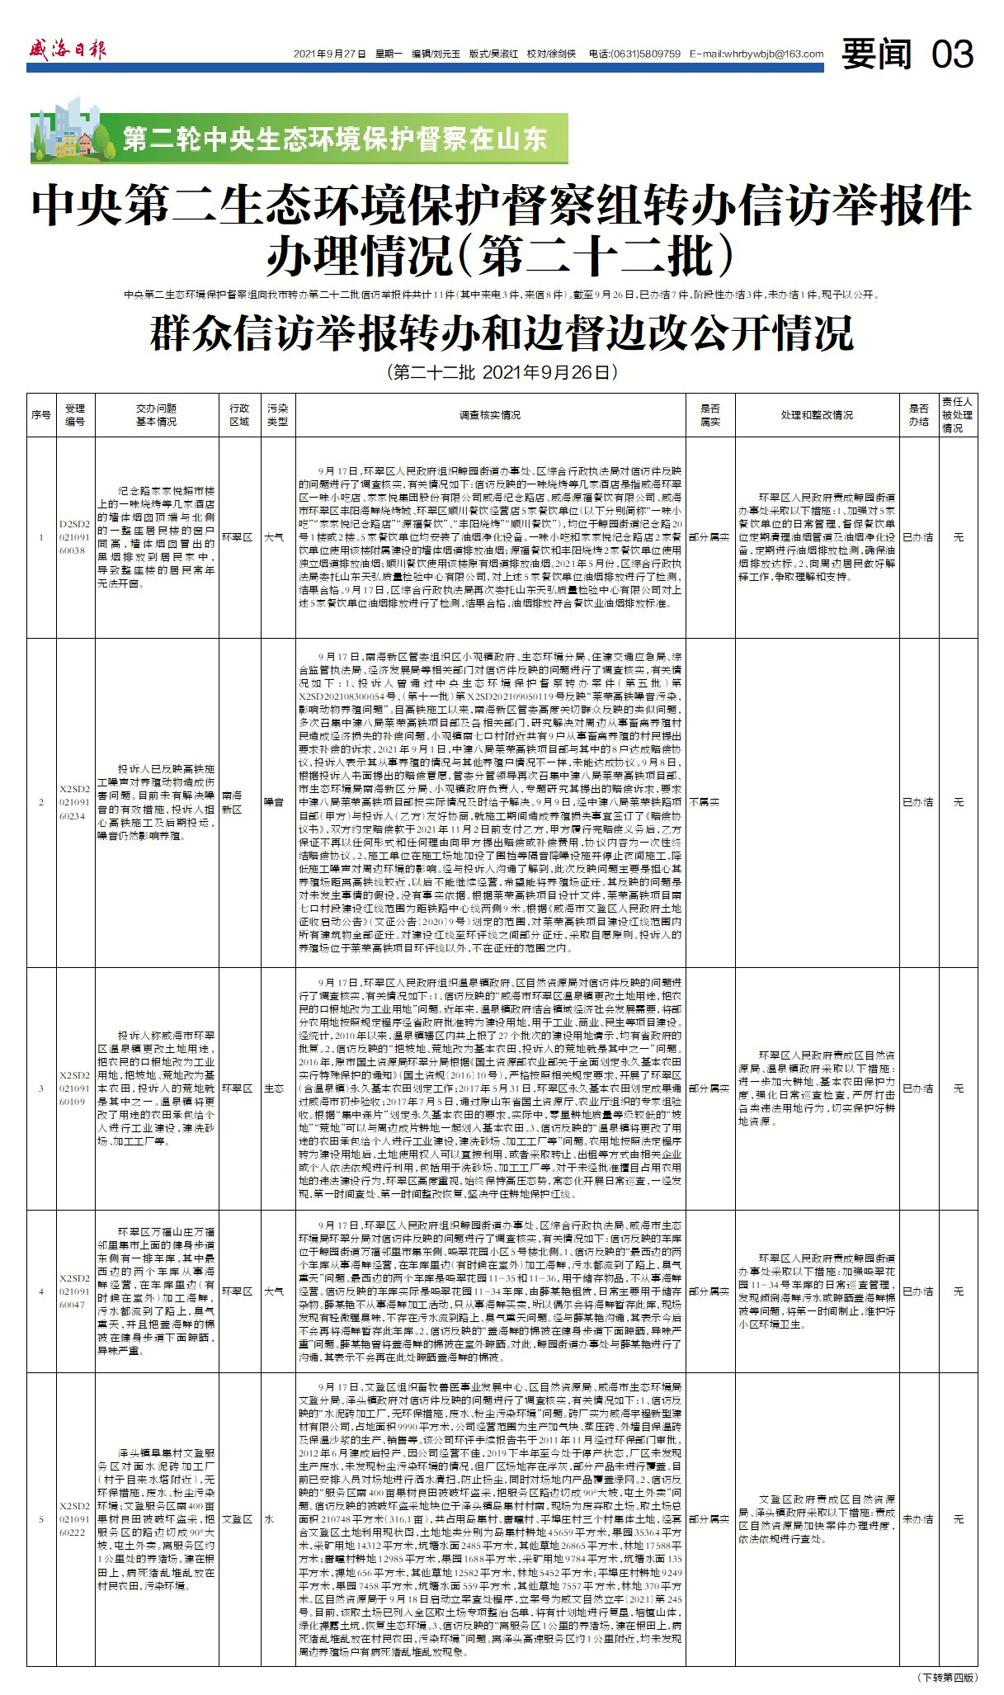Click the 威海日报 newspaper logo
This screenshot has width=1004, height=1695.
(68, 50)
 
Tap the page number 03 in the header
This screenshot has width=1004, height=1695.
(952, 54)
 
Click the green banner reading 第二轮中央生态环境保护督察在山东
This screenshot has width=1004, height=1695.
(334, 139)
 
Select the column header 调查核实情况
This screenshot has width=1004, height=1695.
(490, 415)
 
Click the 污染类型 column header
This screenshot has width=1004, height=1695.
(277, 415)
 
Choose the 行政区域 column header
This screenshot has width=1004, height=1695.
(239, 415)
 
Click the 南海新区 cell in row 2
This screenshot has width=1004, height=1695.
(232, 802)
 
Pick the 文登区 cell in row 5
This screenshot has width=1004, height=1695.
(237, 1518)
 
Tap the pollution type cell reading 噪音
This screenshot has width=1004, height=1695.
(274, 802)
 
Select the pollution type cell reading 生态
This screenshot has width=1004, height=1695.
(274, 1088)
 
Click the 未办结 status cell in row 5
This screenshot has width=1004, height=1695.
(917, 1518)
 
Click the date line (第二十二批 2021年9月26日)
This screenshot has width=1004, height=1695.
(502, 372)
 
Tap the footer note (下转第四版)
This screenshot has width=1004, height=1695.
(947, 1677)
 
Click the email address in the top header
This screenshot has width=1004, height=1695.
(757, 54)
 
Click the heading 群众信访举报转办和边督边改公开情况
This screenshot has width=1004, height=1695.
(502, 333)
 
